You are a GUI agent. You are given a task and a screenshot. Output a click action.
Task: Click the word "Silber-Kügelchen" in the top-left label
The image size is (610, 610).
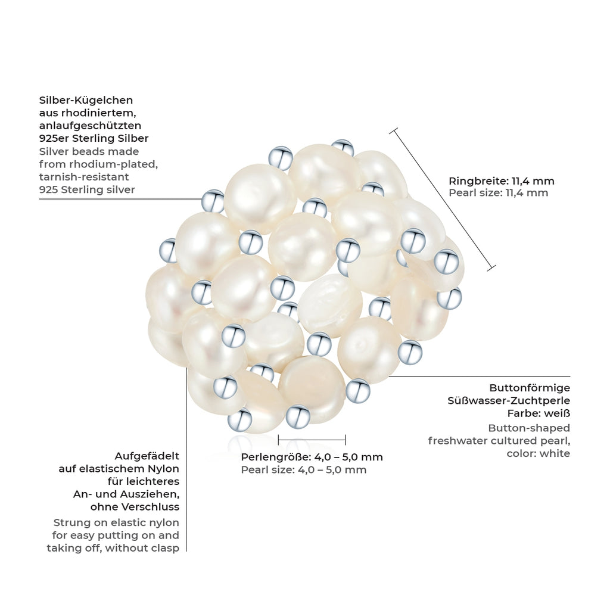pyautogui.click(x=86, y=101)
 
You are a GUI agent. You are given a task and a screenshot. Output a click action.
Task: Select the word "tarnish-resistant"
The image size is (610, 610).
pyautogui.click(x=84, y=177)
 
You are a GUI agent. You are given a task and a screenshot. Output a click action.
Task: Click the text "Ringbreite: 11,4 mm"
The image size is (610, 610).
pyautogui.click(x=502, y=181)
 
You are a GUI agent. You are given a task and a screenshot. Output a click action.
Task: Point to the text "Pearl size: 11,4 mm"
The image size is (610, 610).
pyautogui.click(x=499, y=193)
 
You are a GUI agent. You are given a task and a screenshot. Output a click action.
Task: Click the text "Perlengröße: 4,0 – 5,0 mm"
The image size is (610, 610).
pyautogui.click(x=312, y=457)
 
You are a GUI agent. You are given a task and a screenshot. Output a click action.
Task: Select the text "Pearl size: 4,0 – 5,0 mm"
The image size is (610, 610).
pyautogui.click(x=303, y=470)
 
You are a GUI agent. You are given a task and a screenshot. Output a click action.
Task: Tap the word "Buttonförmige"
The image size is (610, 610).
pyautogui.click(x=530, y=388)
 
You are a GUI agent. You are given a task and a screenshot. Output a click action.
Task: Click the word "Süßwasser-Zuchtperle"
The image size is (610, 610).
pyautogui.click(x=509, y=401)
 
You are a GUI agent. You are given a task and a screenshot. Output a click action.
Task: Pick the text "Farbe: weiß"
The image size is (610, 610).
pyautogui.click(x=539, y=413)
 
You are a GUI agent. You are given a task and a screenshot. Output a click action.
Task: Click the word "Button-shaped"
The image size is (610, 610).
pyautogui.click(x=529, y=429)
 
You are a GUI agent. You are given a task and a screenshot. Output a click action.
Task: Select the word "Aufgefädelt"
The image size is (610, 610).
pyautogui.click(x=147, y=456)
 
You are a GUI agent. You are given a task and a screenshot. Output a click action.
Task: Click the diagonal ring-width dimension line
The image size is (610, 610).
pyautogui.click(x=443, y=199)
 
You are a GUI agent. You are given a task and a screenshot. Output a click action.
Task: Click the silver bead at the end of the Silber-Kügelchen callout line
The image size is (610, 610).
pyautogui.click(x=213, y=201)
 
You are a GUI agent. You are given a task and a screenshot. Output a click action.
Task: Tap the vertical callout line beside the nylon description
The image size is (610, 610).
pyautogui.click(x=186, y=459)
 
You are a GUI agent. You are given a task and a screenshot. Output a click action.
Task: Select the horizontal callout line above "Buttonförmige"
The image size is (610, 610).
pyautogui.click(x=480, y=376)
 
